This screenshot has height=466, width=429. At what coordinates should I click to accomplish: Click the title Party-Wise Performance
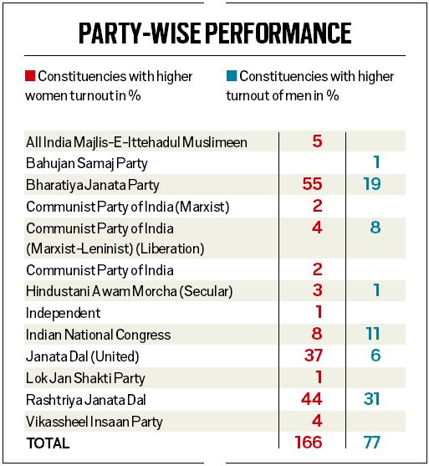point(214,33)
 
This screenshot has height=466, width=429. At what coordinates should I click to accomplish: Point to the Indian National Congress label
point(98,335)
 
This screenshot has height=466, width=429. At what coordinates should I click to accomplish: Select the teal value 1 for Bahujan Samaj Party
point(377,163)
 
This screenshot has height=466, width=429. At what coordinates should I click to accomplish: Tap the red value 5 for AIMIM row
point(316,141)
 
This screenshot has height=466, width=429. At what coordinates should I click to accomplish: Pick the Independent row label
point(63,313)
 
